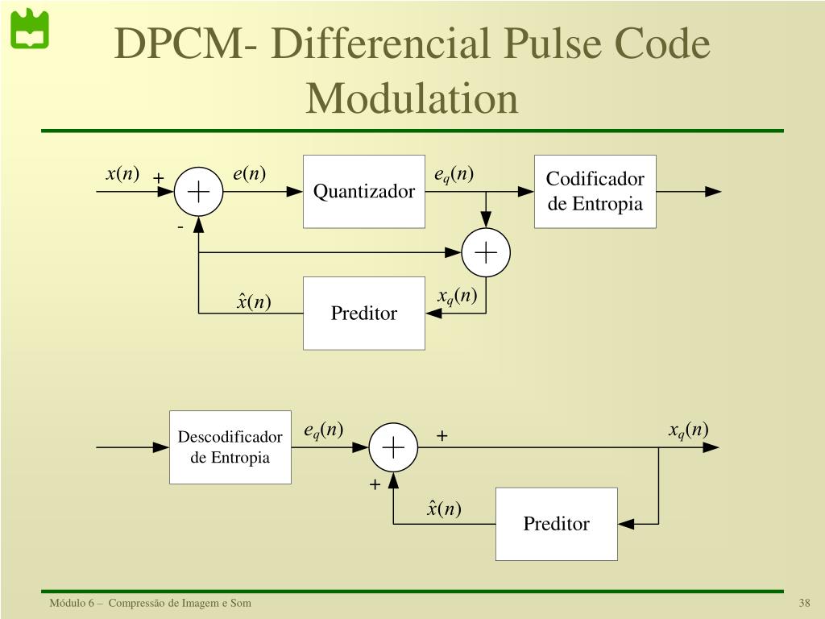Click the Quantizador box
click(363, 191)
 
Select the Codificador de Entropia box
click(595, 191)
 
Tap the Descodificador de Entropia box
click(230, 447)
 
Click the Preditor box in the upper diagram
click(363, 313)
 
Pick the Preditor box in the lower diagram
click(556, 524)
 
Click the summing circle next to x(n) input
click(198, 192)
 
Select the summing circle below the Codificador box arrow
click(486, 252)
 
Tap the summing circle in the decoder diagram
click(393, 447)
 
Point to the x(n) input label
click(122, 174)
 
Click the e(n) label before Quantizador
click(249, 174)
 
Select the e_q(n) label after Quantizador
click(454, 175)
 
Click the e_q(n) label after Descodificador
click(323, 431)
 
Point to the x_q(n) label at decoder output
click(688, 430)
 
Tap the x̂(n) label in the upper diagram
click(254, 301)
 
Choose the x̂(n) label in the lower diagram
click(444, 509)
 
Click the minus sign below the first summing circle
click(180, 228)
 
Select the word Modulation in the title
click(412, 98)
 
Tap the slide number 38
click(804, 604)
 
